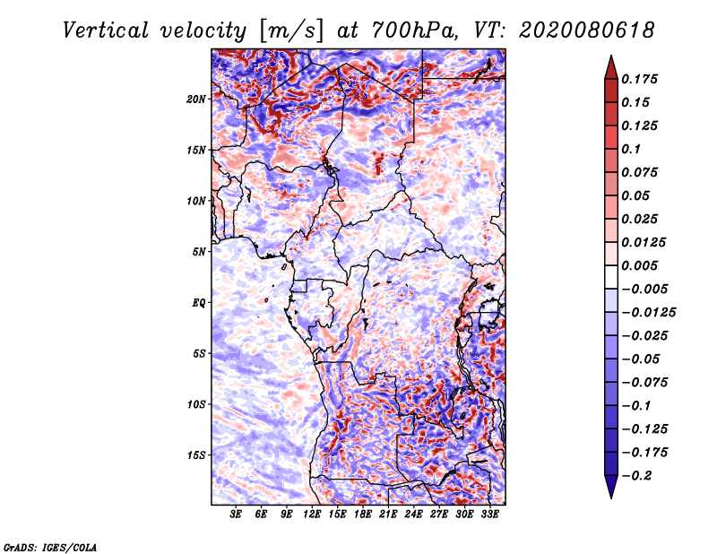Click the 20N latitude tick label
pos(196,100)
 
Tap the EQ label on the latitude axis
pos(198,303)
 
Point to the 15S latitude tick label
pos(196,455)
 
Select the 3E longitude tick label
pos(236,515)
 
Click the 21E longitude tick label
pos(388,515)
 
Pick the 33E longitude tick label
pos(489,515)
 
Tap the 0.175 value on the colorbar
pos(639,79)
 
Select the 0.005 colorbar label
pos(639,265)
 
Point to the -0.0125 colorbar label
pos(648,313)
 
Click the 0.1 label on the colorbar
pos(631,149)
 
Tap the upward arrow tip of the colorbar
pos(611,56)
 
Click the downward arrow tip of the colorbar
pos(611,498)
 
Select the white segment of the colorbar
pos(611,277)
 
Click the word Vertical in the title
pos(106,30)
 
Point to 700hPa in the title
pos(414,30)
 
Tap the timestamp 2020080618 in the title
pos(587,30)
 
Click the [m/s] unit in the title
pos(291,31)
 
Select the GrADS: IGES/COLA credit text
pos(50,547)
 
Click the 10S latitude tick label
pos(196,404)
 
